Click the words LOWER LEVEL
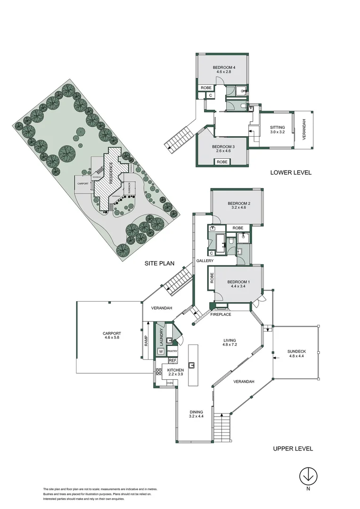point(291,172)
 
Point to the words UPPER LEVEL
point(293,449)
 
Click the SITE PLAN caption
point(160,264)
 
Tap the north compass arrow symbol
point(309,476)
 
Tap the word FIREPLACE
point(221,314)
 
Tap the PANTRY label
point(172,351)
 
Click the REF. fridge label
point(172,361)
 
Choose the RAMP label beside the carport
point(146,341)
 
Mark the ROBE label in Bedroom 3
point(222,162)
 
